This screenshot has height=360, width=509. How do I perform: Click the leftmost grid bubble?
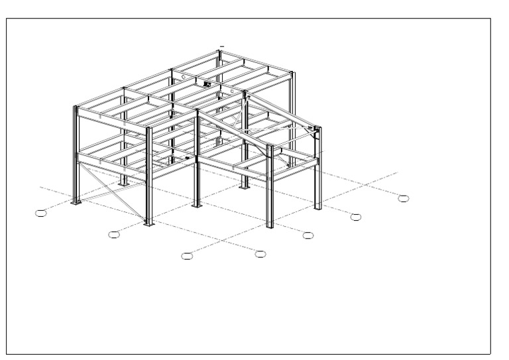click(41, 212)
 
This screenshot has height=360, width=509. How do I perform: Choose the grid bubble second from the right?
click(356, 216)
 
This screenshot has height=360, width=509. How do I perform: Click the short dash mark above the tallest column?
click(221, 46)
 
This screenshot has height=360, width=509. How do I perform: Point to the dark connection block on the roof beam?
click(207, 84)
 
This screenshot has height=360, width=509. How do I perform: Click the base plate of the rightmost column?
click(318, 208)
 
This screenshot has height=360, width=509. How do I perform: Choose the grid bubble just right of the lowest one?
click(260, 253)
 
